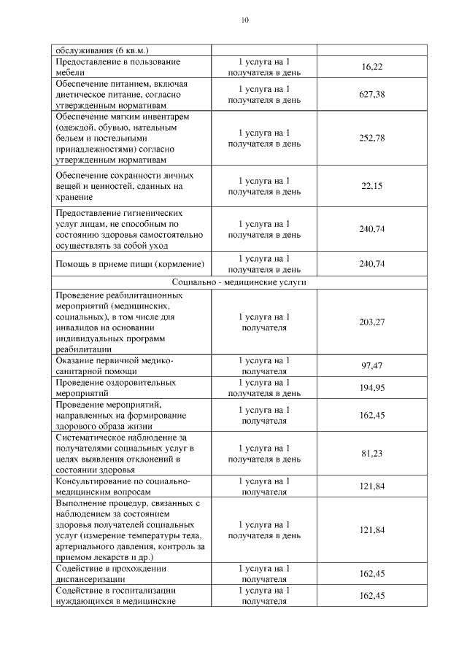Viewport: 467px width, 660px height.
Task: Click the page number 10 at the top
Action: pyautogui.click(x=244, y=20)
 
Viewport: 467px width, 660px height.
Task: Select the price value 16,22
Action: pyautogui.click(x=371, y=67)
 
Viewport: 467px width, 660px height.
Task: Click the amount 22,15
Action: pyautogui.click(x=371, y=186)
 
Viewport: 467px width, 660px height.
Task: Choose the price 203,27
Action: pyautogui.click(x=371, y=322)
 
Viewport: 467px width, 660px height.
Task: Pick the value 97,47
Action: pyautogui.click(x=371, y=365)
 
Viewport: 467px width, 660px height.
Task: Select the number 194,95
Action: pyautogui.click(x=371, y=387)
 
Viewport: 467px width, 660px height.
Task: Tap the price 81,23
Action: pyautogui.click(x=371, y=454)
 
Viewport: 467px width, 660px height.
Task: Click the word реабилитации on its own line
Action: pyautogui.click(x=82, y=349)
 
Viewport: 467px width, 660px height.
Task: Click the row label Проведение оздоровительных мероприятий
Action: pyautogui.click(x=115, y=387)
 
